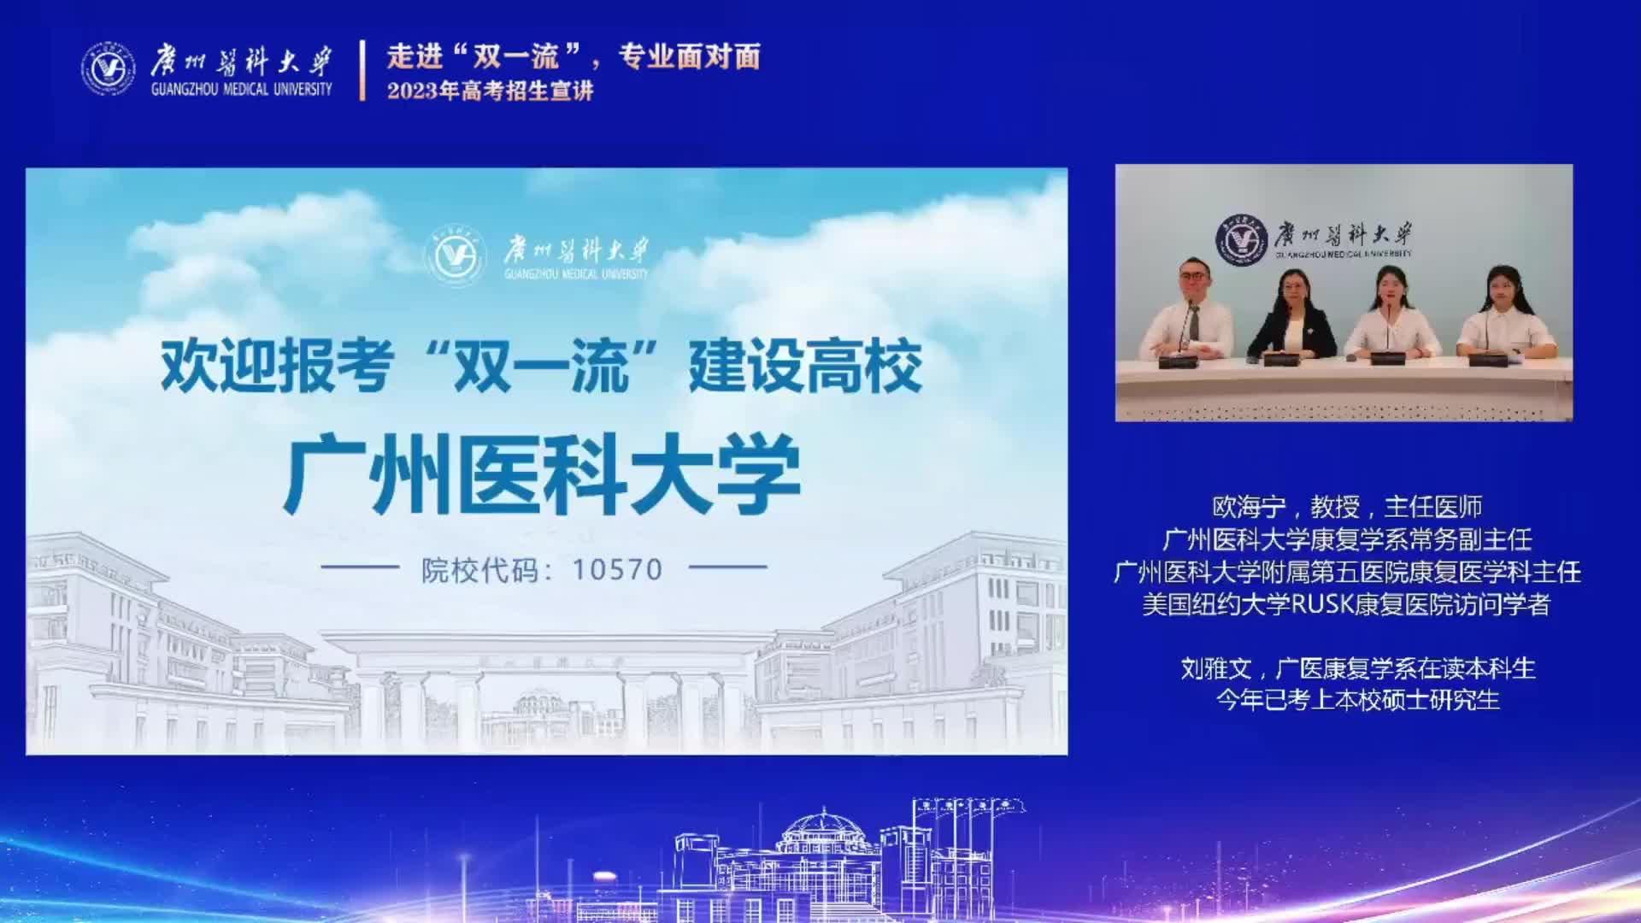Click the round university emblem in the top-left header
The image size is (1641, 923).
click(x=108, y=68)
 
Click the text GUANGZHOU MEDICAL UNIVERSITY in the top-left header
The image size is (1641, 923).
click(x=241, y=90)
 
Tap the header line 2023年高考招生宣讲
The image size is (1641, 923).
click(x=490, y=91)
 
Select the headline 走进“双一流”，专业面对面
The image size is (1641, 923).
click(x=573, y=56)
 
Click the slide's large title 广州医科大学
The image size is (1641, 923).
click(x=542, y=474)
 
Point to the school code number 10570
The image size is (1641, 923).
click(x=617, y=569)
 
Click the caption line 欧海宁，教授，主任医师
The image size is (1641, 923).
click(x=1347, y=508)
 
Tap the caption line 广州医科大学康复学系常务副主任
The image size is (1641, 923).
click(x=1347, y=540)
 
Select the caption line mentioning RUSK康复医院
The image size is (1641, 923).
click(x=1347, y=605)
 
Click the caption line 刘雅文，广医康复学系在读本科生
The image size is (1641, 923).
click(x=1358, y=668)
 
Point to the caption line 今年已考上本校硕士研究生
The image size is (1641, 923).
click(x=1358, y=701)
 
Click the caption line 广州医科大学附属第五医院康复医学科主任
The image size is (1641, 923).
click(x=1347, y=573)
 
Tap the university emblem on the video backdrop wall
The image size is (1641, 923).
click(x=1244, y=239)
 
